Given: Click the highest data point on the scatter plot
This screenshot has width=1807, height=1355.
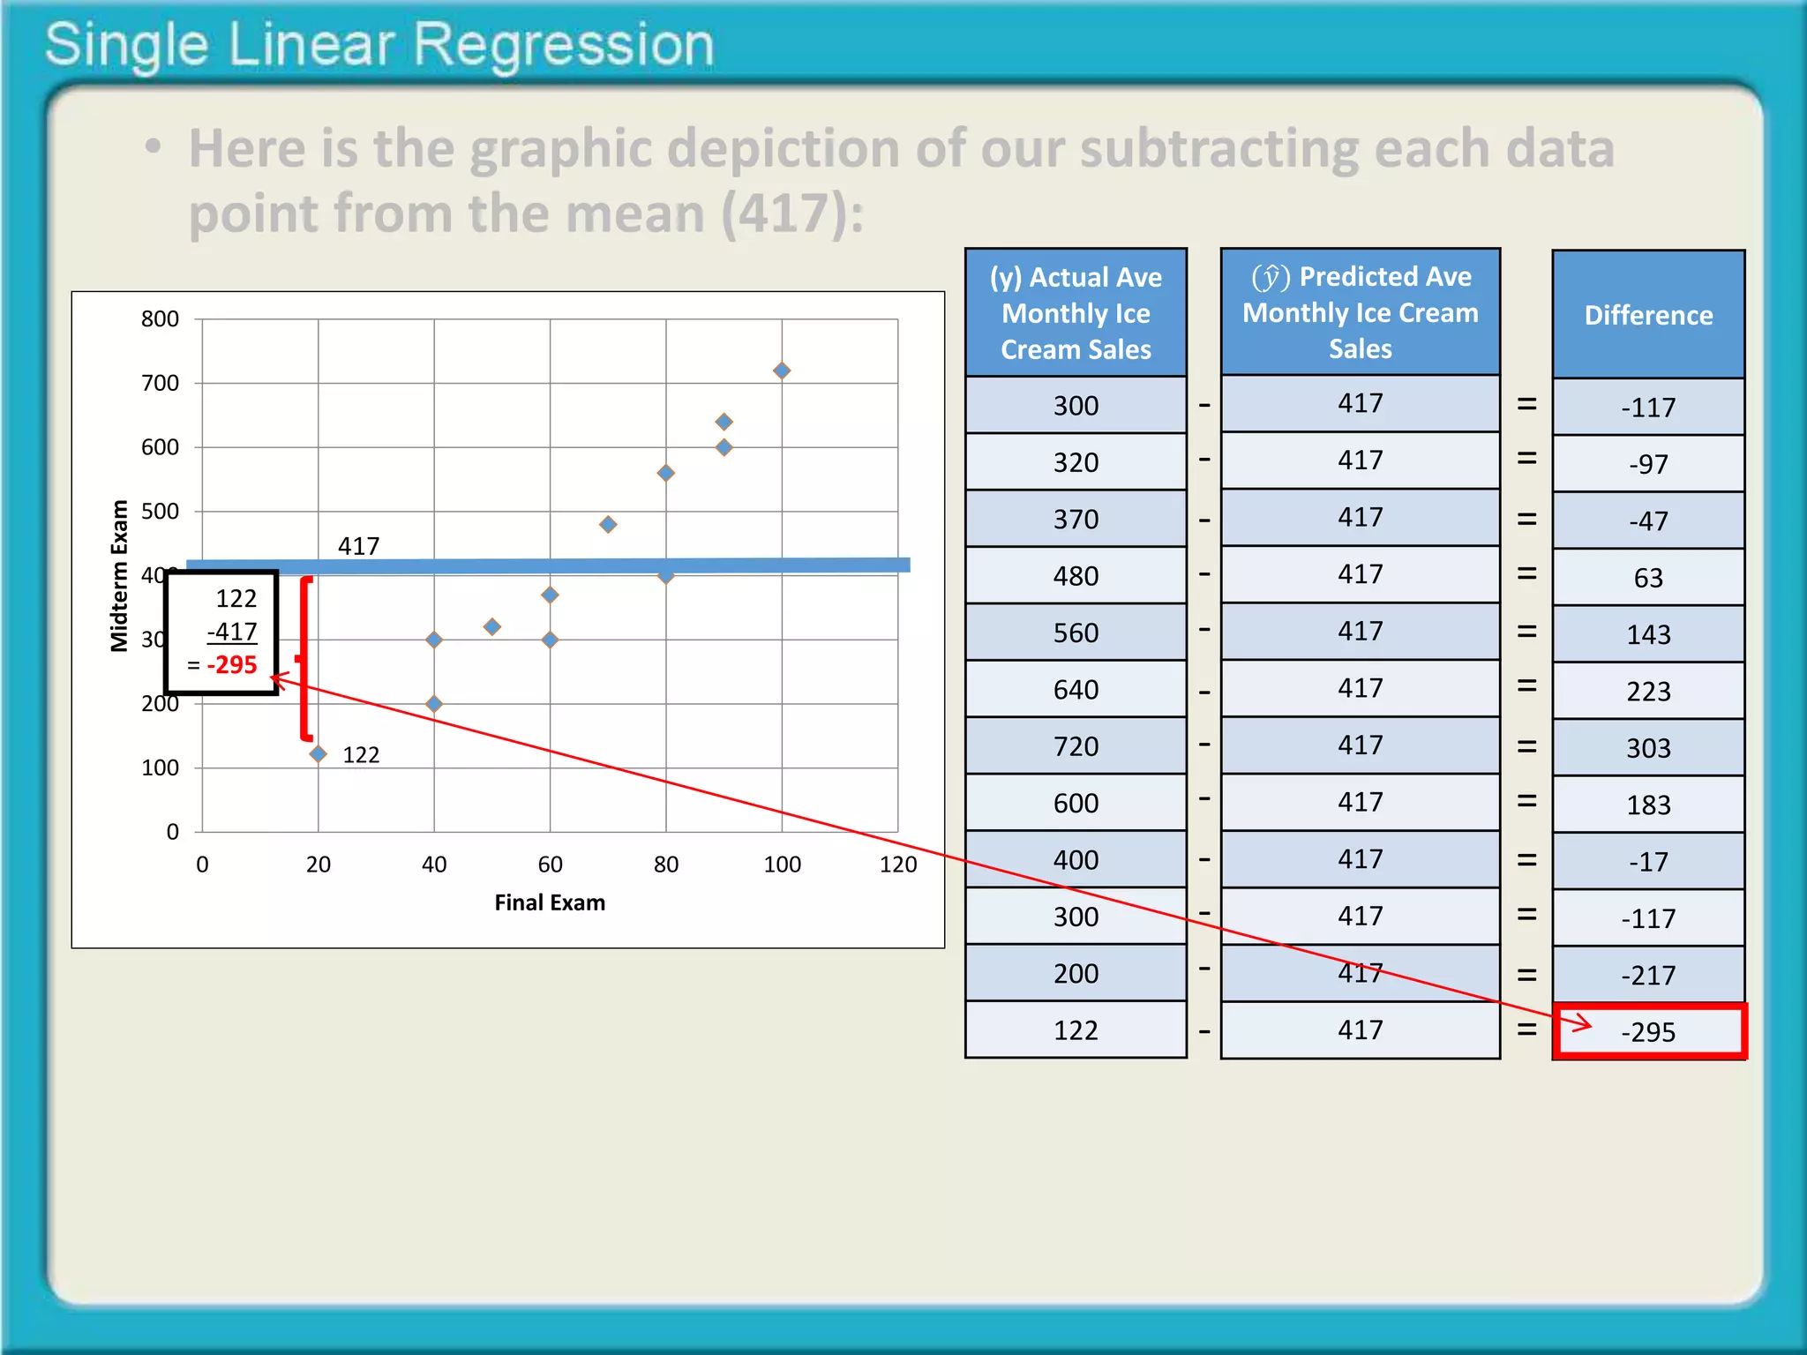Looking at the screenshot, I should (x=782, y=371).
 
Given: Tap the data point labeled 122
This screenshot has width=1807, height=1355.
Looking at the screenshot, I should (x=319, y=754).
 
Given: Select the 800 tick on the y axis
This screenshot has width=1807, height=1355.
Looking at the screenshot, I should (x=160, y=319).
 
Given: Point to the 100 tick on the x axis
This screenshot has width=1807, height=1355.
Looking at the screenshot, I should (x=782, y=865).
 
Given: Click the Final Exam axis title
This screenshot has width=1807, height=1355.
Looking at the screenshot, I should (x=550, y=902).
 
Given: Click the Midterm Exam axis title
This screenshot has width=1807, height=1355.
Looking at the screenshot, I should (x=119, y=575).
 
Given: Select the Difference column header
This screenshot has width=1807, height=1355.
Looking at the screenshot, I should (x=1648, y=315).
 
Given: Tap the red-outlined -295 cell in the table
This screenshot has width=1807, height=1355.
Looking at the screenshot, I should (x=1648, y=1031).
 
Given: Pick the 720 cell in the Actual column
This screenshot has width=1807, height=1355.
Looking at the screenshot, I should (x=1076, y=746).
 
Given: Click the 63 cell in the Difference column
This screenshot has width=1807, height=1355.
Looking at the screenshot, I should (x=1648, y=578).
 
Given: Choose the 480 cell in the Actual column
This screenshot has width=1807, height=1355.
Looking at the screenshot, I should (x=1076, y=576).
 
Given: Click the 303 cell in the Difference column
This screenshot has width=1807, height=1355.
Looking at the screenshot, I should (x=1648, y=748).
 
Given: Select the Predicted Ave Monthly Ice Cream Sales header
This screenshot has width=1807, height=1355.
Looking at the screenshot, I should (x=1360, y=312).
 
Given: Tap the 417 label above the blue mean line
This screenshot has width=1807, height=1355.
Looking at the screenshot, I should (x=358, y=546).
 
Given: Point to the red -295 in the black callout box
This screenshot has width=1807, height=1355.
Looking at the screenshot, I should (x=232, y=664).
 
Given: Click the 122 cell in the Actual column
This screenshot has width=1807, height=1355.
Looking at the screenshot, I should (x=1076, y=1030).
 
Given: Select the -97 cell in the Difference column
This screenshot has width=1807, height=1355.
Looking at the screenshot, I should (x=1648, y=464).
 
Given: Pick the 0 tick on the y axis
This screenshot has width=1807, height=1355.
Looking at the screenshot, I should (x=173, y=832).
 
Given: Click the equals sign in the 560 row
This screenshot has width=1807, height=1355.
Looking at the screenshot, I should (x=1526, y=632).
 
